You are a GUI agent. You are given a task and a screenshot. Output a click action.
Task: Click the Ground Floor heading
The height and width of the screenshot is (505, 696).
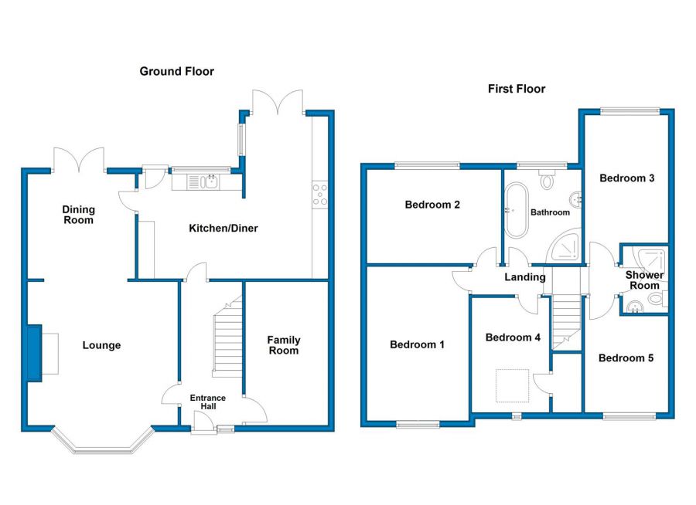[x=176, y=71]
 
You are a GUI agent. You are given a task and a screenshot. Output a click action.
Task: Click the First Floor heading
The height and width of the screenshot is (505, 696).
[x=517, y=89]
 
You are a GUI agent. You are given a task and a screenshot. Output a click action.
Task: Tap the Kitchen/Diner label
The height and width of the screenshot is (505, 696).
[x=223, y=229]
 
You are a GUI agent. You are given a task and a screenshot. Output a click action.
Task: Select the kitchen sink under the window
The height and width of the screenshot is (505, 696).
[x=203, y=181]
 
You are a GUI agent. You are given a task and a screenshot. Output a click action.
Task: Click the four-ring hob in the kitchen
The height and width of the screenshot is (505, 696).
[x=320, y=195]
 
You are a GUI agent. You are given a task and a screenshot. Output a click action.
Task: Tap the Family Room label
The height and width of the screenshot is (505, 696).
[x=284, y=345]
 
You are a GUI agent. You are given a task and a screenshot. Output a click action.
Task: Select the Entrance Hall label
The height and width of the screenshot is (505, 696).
[x=208, y=402]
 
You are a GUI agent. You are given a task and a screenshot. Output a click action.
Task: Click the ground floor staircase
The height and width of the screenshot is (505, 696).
[x=228, y=336]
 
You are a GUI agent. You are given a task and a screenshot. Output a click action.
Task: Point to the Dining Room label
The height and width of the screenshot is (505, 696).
[x=79, y=215]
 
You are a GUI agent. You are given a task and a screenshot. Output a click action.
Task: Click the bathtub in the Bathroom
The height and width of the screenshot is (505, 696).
[x=517, y=210]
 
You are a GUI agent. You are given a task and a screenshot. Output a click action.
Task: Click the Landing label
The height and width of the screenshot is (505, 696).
[x=524, y=277]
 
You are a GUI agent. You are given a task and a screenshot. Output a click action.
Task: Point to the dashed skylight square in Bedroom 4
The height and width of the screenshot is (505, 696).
[x=513, y=386]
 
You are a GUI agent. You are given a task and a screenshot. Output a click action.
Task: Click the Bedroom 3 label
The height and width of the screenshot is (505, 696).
[x=626, y=178]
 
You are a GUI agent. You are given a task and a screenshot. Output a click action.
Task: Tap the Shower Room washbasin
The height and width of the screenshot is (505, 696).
[x=636, y=307]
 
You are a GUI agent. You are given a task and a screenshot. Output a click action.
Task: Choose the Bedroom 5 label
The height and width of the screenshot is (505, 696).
[x=626, y=358]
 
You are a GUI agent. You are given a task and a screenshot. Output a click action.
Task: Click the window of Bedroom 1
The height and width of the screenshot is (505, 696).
[x=418, y=424]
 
